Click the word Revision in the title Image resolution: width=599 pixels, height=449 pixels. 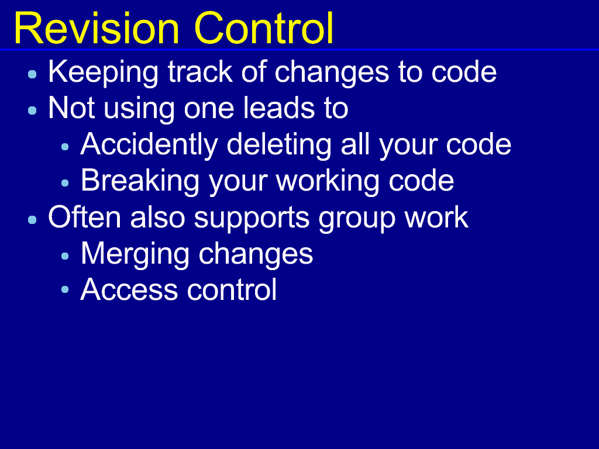97,29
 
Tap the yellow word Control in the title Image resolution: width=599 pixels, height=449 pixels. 264,28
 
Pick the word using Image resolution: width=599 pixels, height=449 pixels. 139,109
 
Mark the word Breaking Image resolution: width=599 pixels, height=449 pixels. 140,182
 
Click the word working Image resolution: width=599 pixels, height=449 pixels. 328,182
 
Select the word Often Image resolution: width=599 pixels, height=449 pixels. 84,217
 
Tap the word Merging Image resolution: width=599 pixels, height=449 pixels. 135,254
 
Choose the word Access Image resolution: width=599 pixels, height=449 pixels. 129,289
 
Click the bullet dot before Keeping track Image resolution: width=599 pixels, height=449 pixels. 33,74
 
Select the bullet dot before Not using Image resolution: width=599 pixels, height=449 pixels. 33,110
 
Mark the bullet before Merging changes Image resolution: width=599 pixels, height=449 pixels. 65,256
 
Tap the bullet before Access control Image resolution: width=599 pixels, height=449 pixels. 65,289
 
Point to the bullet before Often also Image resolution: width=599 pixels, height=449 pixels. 33,220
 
